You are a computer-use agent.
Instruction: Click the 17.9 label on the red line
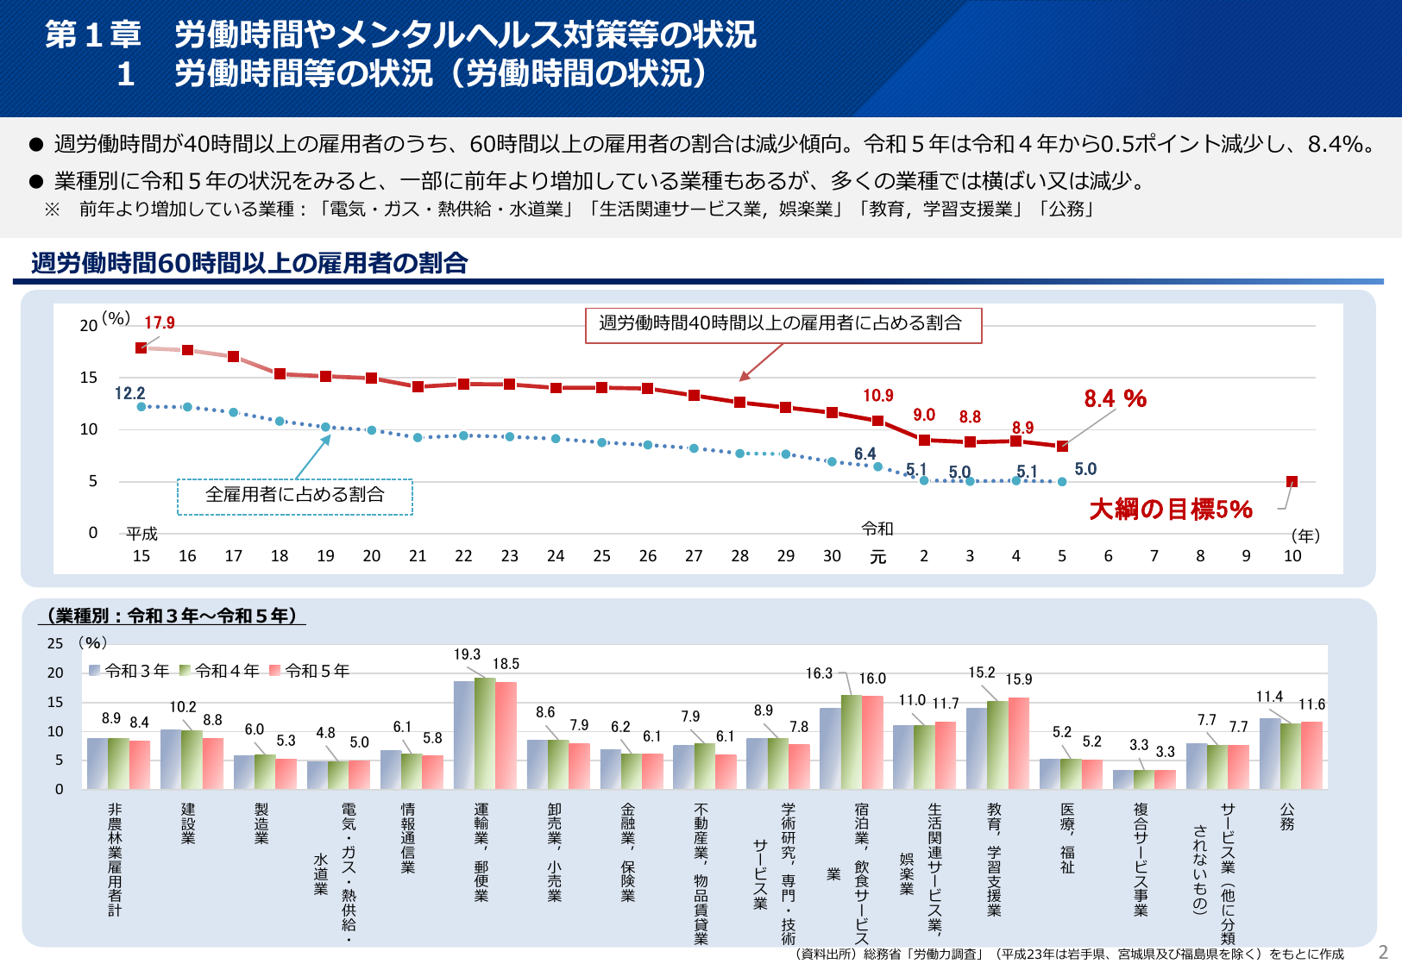tap(160, 323)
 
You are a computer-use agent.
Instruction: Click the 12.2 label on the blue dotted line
tap(130, 394)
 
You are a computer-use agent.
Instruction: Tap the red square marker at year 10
tap(1292, 482)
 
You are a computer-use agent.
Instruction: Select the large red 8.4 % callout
tap(1115, 399)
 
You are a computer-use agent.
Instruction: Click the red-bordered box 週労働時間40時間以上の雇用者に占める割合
tap(783, 325)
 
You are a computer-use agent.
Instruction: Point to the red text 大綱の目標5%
tap(1171, 510)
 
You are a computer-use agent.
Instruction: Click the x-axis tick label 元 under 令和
tap(877, 557)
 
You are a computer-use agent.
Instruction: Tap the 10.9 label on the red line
tap(878, 396)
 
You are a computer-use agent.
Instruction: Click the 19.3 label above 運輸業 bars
tap(467, 655)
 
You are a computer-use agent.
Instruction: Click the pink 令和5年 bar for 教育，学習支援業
tap(1019, 743)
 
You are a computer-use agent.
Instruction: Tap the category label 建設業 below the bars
tap(188, 823)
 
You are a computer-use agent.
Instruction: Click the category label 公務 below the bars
tap(1287, 817)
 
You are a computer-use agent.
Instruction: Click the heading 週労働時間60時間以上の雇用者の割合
tap(249, 264)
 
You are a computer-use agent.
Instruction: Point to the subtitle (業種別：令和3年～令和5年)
tap(172, 616)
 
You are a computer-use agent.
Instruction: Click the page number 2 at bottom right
tap(1383, 952)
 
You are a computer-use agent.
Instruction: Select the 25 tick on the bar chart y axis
tap(55, 643)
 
